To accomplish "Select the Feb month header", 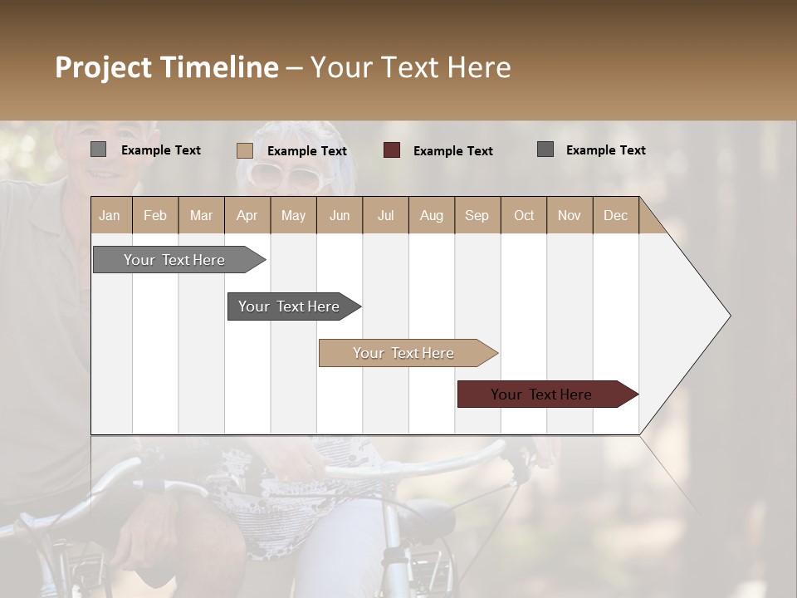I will click(155, 215).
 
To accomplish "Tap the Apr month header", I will click(247, 215).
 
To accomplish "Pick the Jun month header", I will click(340, 215).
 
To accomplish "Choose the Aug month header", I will click(432, 215).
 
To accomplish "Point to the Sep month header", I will click(477, 215).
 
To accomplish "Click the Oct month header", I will click(524, 215).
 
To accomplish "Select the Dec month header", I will click(616, 215).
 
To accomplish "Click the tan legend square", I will click(245, 150).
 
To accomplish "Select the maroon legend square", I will click(392, 150).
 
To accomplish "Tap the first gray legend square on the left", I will click(99, 149).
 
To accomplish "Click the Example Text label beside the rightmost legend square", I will click(605, 150).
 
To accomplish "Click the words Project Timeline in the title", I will click(167, 67).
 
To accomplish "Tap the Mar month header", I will click(202, 215).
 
